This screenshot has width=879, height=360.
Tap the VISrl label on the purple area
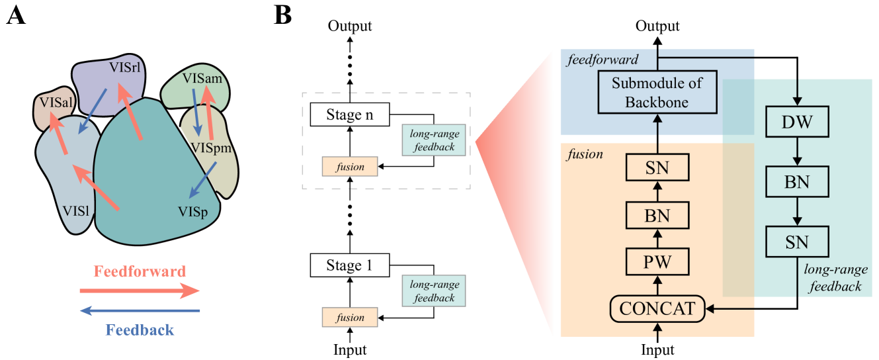126,67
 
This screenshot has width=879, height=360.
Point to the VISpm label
210,148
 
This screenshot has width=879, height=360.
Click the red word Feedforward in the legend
140,271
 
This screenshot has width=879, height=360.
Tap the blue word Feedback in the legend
140,330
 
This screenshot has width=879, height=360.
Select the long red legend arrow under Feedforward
140,291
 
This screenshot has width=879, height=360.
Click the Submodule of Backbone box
657,93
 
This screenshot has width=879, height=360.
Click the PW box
657,261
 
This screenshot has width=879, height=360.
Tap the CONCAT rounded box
657,308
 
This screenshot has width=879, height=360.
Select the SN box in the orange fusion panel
657,168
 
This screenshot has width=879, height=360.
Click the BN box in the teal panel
796,182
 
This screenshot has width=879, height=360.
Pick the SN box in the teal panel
796,242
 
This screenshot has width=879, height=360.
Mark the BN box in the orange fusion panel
657,215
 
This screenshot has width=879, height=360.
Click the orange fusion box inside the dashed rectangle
349,167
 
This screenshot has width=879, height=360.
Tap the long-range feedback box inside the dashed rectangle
434,140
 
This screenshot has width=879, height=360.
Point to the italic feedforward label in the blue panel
603,60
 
